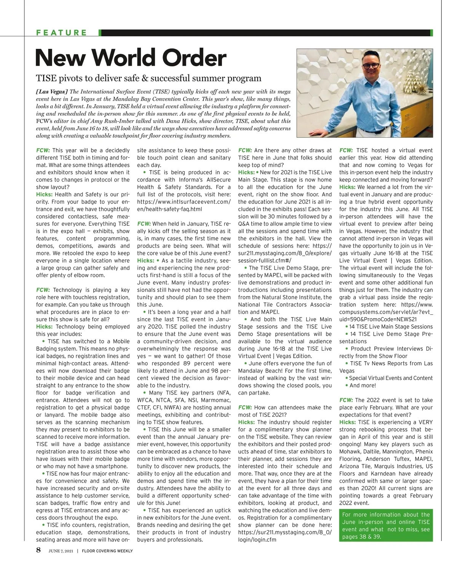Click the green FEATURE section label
(62, 33)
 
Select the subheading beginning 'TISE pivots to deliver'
(149, 78)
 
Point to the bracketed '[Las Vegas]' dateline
(52, 92)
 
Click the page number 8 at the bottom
(38, 550)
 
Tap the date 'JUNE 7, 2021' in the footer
(61, 551)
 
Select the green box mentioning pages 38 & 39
(386, 526)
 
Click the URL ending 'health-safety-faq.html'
(169, 209)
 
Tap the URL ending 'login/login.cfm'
(257, 540)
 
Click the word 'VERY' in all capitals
(425, 422)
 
